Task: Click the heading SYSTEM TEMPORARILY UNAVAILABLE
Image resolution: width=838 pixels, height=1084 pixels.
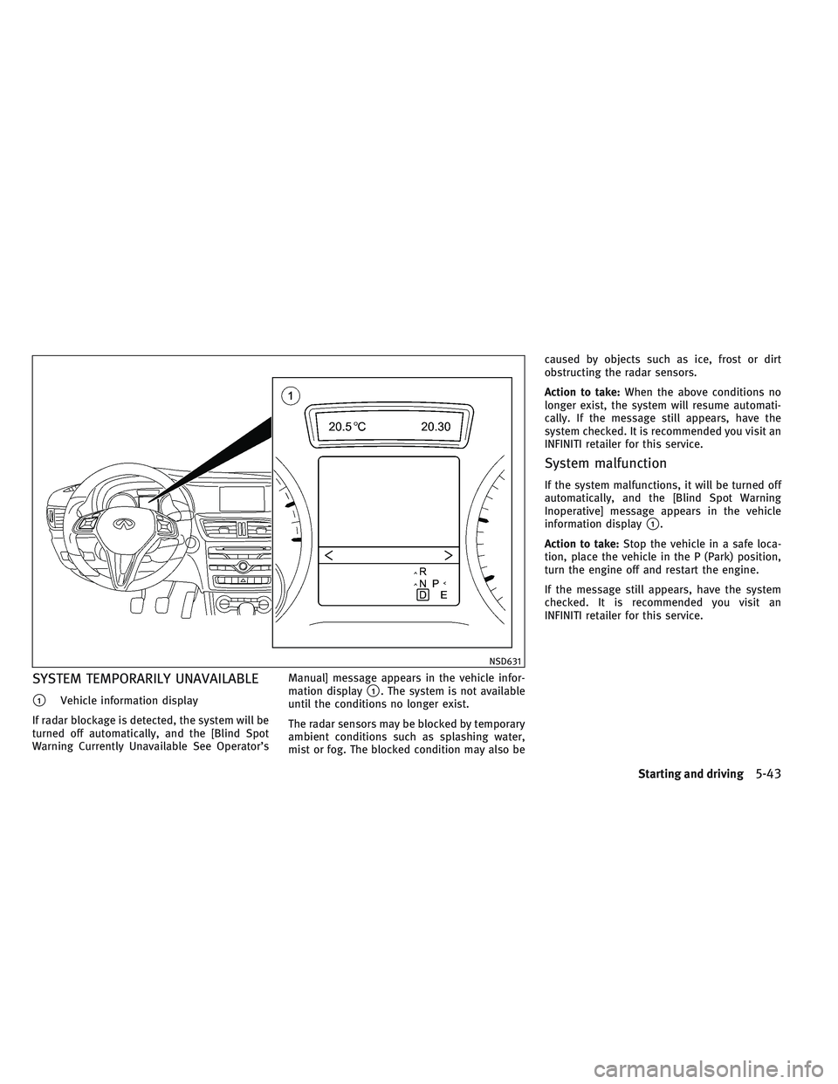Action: [x=145, y=678]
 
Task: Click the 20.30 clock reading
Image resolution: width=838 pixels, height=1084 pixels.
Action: [x=439, y=427]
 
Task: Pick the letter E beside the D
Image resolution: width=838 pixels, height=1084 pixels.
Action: [x=443, y=594]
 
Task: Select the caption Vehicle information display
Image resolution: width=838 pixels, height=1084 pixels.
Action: [x=128, y=701]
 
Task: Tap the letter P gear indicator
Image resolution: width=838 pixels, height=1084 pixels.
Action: [x=435, y=582]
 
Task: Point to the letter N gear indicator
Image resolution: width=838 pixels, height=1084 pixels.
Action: [x=422, y=583]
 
